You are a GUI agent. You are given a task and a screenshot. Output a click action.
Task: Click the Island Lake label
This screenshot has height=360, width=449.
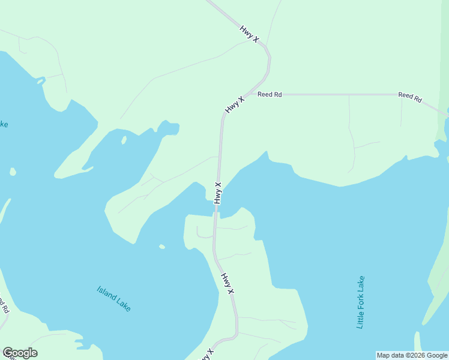pyautogui.click(x=113, y=298)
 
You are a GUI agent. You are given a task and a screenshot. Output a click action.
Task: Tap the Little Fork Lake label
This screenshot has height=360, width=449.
pyautogui.click(x=360, y=302)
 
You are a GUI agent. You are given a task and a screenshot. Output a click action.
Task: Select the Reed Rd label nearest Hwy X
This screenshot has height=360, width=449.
pyautogui.click(x=270, y=94)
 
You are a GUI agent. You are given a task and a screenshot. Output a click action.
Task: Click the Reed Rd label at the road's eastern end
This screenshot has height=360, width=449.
pyautogui.click(x=410, y=97)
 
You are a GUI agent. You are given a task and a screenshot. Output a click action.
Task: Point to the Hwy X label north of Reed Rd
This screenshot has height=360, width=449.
pyautogui.click(x=249, y=33)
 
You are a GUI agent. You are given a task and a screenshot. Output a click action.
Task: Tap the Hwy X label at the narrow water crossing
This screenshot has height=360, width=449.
pyautogui.click(x=217, y=193)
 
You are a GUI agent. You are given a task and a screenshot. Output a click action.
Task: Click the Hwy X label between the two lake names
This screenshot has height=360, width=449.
pyautogui.click(x=227, y=283)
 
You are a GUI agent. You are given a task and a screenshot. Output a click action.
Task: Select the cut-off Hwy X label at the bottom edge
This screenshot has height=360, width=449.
pyautogui.click(x=206, y=355)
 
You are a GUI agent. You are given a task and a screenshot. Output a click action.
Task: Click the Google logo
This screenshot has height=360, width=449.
pyautogui.click(x=20, y=353)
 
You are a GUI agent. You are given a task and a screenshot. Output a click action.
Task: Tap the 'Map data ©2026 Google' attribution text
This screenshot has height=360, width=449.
pyautogui.click(x=412, y=355)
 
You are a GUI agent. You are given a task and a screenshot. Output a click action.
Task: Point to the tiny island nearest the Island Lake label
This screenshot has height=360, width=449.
pyautogui.click(x=162, y=247)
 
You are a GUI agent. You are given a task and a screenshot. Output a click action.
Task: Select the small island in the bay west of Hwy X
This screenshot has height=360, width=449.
pyautogui.click(x=124, y=140)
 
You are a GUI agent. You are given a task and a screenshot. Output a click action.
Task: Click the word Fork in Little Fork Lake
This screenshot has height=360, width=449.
pyautogui.click(x=360, y=302)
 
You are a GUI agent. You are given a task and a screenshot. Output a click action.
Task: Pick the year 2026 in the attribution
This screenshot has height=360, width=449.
pyautogui.click(x=417, y=355)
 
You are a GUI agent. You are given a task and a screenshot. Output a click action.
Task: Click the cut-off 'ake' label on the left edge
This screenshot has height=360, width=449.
pyautogui.click(x=3, y=124)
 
